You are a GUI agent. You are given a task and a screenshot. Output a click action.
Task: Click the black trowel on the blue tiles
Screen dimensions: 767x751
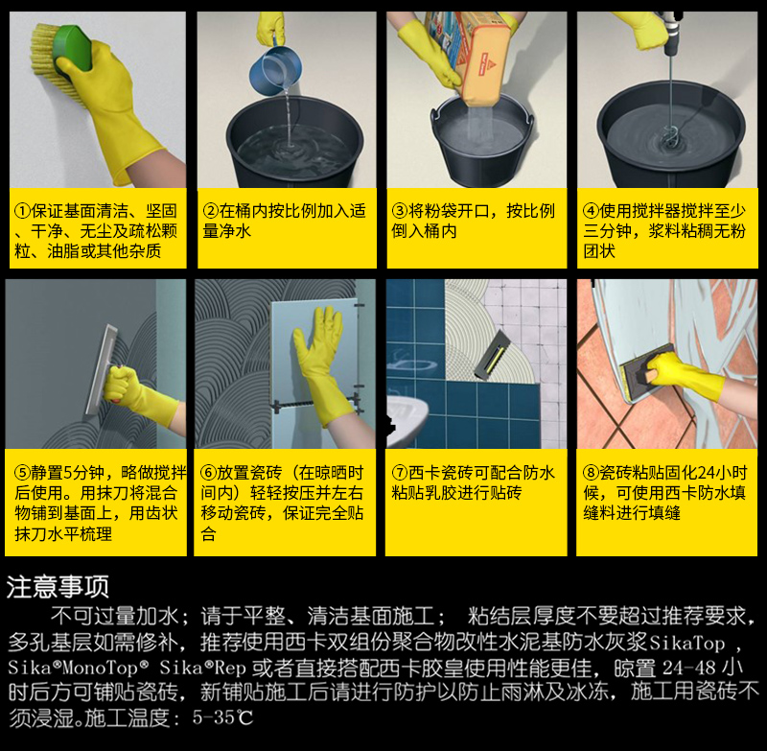click(493, 356)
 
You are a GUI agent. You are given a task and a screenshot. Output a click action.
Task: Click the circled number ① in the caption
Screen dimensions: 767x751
click(22, 211)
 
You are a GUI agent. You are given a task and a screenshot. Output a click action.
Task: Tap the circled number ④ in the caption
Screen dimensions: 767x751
click(591, 211)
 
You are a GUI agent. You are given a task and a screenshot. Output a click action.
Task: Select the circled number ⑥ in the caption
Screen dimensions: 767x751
click(208, 473)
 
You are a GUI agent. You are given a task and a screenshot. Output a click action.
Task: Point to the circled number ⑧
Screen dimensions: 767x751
click(591, 473)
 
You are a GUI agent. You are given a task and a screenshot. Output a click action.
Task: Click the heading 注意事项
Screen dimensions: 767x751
click(58, 587)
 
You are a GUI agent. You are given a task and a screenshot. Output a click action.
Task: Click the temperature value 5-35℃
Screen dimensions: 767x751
click(223, 717)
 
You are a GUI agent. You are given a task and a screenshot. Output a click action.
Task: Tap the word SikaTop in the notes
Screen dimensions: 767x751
click(687, 643)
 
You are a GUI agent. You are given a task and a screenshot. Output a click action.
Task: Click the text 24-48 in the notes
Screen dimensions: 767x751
click(689, 668)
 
